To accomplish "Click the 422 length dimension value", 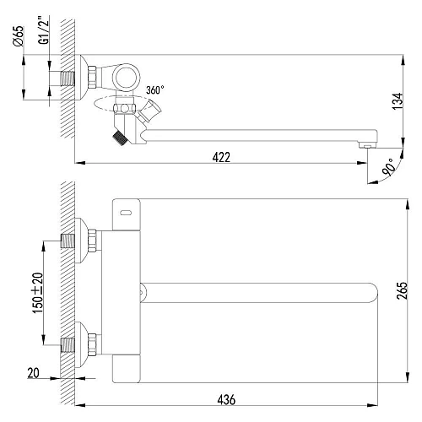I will click(x=222, y=156).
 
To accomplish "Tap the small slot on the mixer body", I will click(x=126, y=213).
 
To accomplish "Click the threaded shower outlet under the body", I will click(x=119, y=134).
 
